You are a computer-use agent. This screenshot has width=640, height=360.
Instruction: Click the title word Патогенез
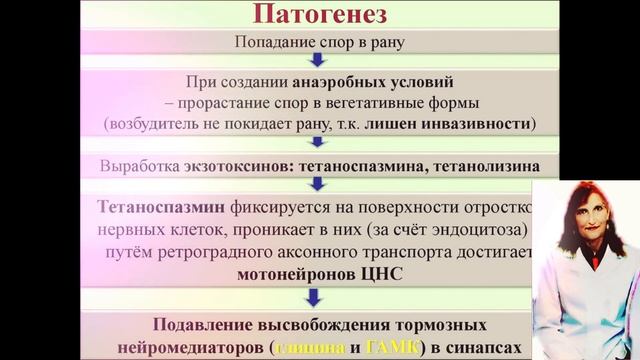coord(319,17)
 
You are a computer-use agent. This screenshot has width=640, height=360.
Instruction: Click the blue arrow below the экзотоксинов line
coord(319,184)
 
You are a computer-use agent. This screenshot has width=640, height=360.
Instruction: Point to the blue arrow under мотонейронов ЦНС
coord(319,295)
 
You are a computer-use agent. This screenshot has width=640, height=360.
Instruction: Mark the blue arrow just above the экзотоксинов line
coord(319,143)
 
